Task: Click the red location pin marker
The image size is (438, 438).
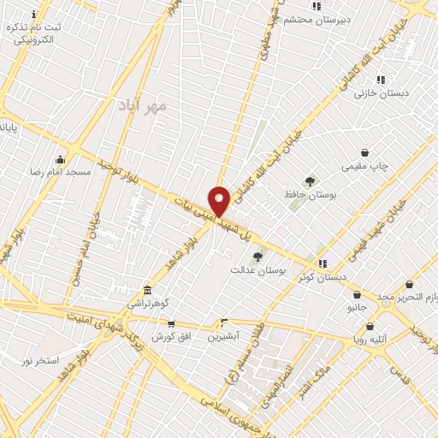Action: point(219,201)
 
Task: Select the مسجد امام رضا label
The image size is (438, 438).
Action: point(60,173)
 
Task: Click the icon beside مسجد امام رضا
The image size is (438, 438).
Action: point(60,159)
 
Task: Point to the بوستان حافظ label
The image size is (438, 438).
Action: point(310,195)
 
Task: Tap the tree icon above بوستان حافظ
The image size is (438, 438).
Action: point(310,181)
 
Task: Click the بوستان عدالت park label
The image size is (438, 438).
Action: point(257,270)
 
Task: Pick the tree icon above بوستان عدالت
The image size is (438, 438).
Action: point(257,257)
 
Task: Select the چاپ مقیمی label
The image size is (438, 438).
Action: point(365,166)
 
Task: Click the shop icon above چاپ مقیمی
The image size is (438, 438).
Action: point(365,152)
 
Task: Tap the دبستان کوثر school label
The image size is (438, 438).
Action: point(322,277)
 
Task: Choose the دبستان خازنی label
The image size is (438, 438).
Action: point(382,92)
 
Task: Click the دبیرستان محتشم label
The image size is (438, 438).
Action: point(315,19)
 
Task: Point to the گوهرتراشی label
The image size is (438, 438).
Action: point(149,304)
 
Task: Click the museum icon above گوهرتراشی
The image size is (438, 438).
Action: point(149,290)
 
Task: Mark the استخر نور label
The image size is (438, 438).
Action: point(40,360)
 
